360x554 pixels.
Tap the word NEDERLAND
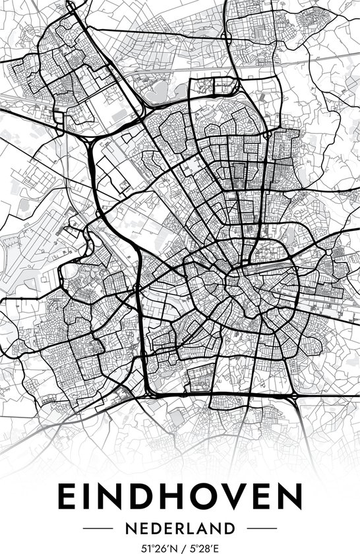[180, 528]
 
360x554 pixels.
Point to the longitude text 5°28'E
[204, 547]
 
